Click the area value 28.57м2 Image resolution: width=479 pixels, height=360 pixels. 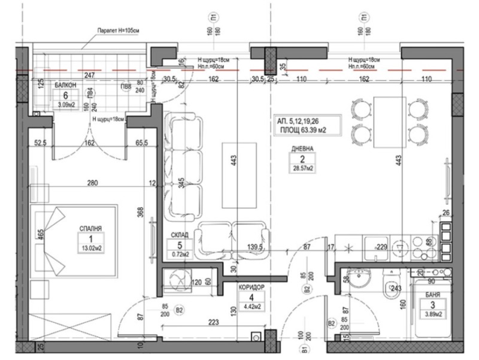click(x=298, y=169)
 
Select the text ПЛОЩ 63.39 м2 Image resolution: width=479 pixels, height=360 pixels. click(x=305, y=128)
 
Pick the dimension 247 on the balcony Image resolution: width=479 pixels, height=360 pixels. click(x=90, y=77)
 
